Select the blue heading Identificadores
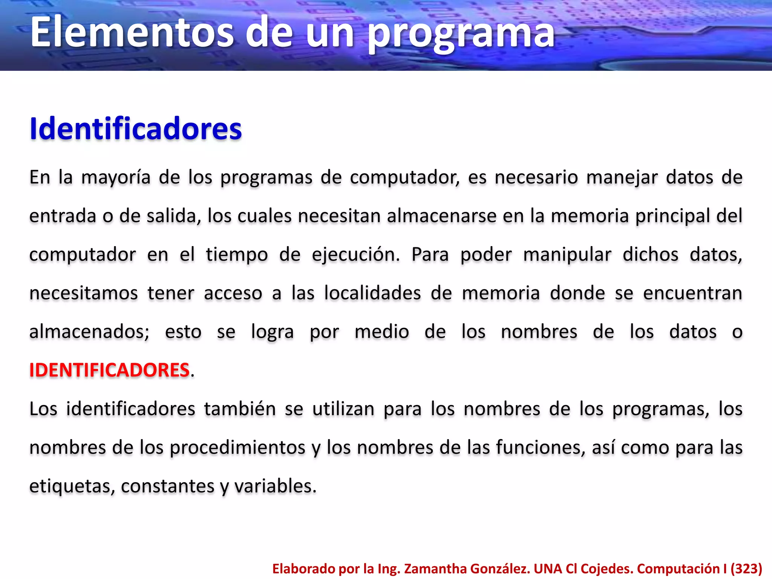pyautogui.click(x=136, y=129)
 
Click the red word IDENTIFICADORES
pyautogui.click(x=109, y=370)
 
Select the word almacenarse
pyautogui.click(x=441, y=216)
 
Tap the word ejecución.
pyautogui.click(x=356, y=255)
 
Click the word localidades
pyautogui.click(x=372, y=293)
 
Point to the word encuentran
pyautogui.click(x=692, y=293)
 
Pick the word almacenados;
pyautogui.click(x=89, y=332)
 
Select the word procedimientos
pyautogui.click(x=237, y=448)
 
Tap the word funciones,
pyautogui.click(x=541, y=448)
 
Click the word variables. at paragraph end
pyautogui.click(x=276, y=486)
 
